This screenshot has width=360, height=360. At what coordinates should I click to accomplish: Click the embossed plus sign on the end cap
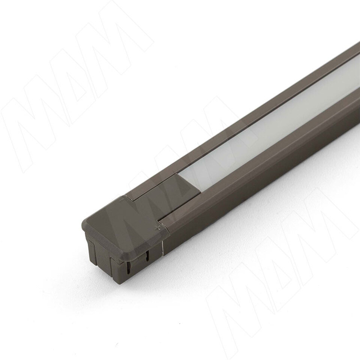click(x=157, y=228)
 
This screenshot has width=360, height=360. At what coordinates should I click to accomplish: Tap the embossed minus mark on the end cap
click(x=121, y=200)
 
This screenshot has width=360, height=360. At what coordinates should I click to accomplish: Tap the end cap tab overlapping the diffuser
click(x=166, y=195)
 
